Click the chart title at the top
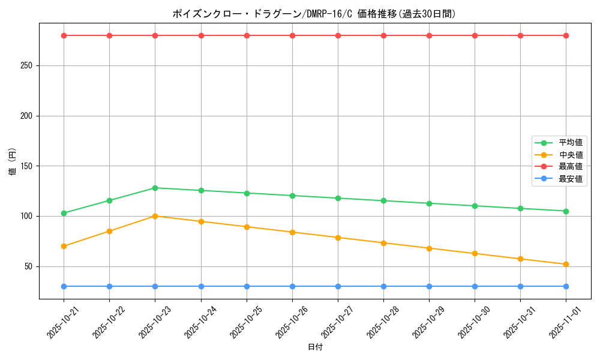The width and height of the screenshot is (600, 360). point(314,14)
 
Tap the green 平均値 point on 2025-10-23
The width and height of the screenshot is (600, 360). point(155,188)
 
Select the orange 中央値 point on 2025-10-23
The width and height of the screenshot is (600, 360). point(155,216)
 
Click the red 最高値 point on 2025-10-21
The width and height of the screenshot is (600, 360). point(64,35)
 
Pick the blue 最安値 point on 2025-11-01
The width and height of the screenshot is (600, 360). point(566,286)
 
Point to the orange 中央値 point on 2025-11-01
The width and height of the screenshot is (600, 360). point(566,264)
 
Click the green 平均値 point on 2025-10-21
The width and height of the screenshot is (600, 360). point(64,213)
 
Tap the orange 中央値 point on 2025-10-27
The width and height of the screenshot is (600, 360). point(338,238)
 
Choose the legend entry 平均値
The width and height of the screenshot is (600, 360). point(570,143)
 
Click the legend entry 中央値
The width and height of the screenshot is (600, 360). point(570,155)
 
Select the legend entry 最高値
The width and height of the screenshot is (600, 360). point(570,167)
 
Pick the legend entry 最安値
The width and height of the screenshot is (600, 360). point(570,179)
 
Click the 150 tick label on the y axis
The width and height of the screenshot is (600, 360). point(29,166)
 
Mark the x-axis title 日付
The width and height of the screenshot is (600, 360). point(315,347)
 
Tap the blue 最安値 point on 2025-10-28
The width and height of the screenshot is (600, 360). point(383,286)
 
